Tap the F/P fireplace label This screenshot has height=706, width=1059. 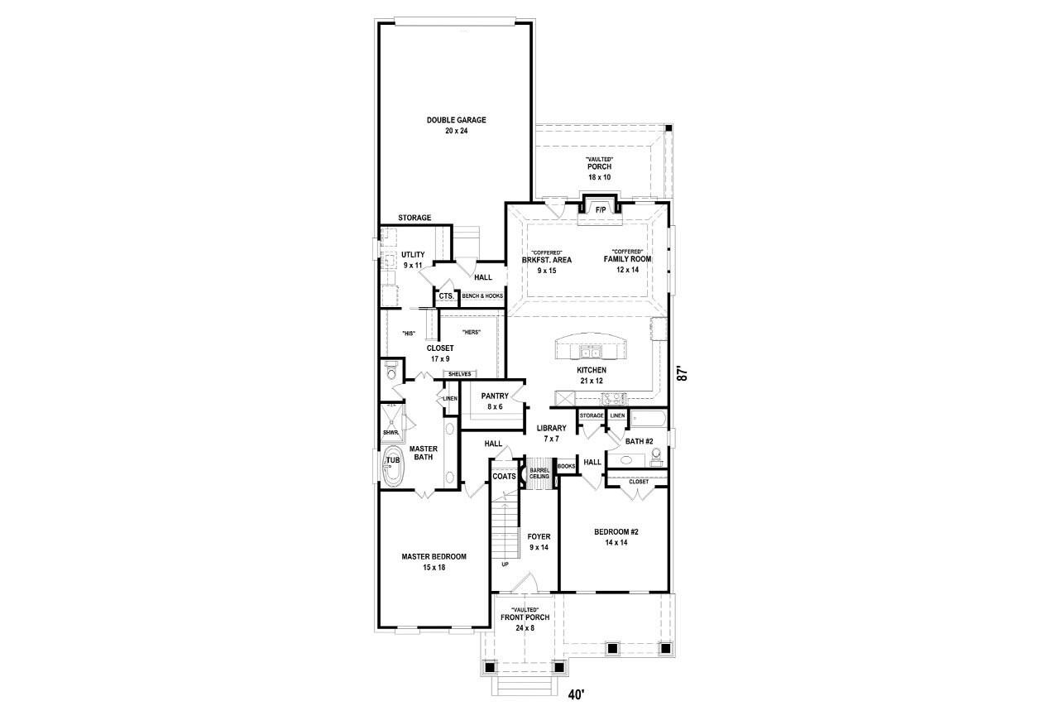click(x=601, y=210)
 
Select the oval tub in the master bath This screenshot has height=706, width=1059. click(x=393, y=467)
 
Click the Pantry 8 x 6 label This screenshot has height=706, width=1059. click(x=495, y=401)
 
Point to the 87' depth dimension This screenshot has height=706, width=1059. click(x=683, y=373)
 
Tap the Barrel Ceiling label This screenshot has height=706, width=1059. click(x=540, y=473)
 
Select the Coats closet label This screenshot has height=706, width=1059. click(x=504, y=477)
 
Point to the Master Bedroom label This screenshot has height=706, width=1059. click(x=434, y=562)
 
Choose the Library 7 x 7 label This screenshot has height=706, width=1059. click(x=551, y=433)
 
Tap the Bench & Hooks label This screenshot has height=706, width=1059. click(x=482, y=295)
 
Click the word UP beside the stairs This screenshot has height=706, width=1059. click(x=505, y=564)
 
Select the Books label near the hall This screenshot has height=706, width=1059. click(x=567, y=466)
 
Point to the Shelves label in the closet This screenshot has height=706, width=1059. click(x=459, y=374)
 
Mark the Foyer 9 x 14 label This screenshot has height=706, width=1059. click(x=539, y=542)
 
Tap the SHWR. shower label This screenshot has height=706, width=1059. click(x=391, y=432)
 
